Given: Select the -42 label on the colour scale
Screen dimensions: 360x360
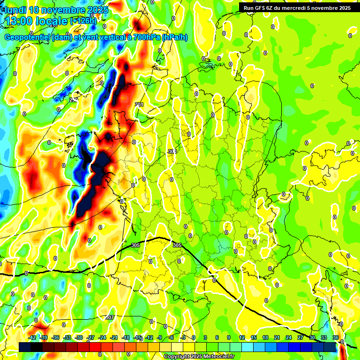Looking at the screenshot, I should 32,337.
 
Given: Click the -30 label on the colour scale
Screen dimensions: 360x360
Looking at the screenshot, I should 79,337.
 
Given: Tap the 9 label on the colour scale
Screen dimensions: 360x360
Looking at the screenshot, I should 229,337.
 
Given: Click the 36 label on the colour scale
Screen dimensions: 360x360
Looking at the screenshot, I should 336,337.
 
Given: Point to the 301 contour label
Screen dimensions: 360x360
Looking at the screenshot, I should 139,105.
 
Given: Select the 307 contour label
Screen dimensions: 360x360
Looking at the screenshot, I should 110,317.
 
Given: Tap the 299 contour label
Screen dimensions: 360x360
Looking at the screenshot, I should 74,100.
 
